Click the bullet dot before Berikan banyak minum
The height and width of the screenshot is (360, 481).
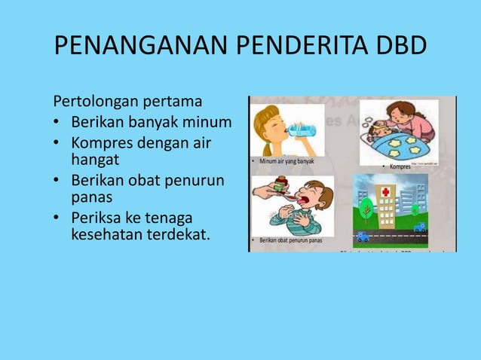point(57,122)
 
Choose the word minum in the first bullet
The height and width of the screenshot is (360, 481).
point(208,122)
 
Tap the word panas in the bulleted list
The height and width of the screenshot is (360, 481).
point(91,197)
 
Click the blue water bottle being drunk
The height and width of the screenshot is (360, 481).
point(302,129)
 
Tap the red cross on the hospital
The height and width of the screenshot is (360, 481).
point(386,193)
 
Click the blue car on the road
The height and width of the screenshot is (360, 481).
point(419,227)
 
